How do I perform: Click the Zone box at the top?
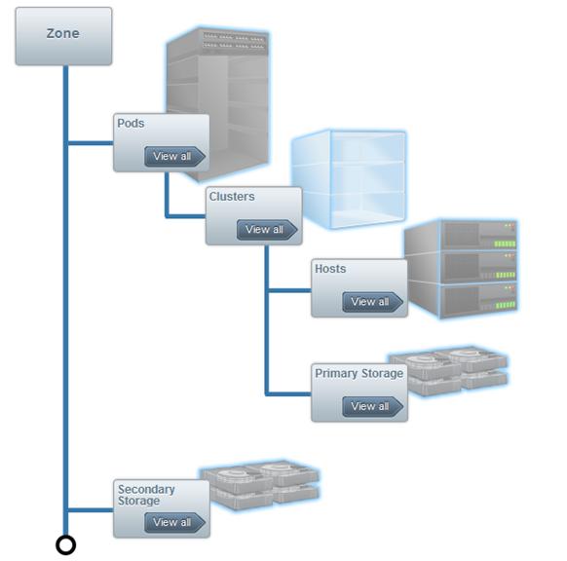point(63,36)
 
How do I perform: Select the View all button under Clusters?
point(267,230)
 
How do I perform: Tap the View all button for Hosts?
point(372,302)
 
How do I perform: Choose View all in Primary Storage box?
point(372,406)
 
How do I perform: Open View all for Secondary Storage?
point(174,522)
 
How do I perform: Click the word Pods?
point(131,124)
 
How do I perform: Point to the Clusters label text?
point(232,197)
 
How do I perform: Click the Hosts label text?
point(330,269)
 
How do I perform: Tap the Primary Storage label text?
point(359,373)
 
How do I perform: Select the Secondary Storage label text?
point(146,495)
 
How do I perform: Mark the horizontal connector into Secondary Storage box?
point(91,510)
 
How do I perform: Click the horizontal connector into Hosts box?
point(290,290)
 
